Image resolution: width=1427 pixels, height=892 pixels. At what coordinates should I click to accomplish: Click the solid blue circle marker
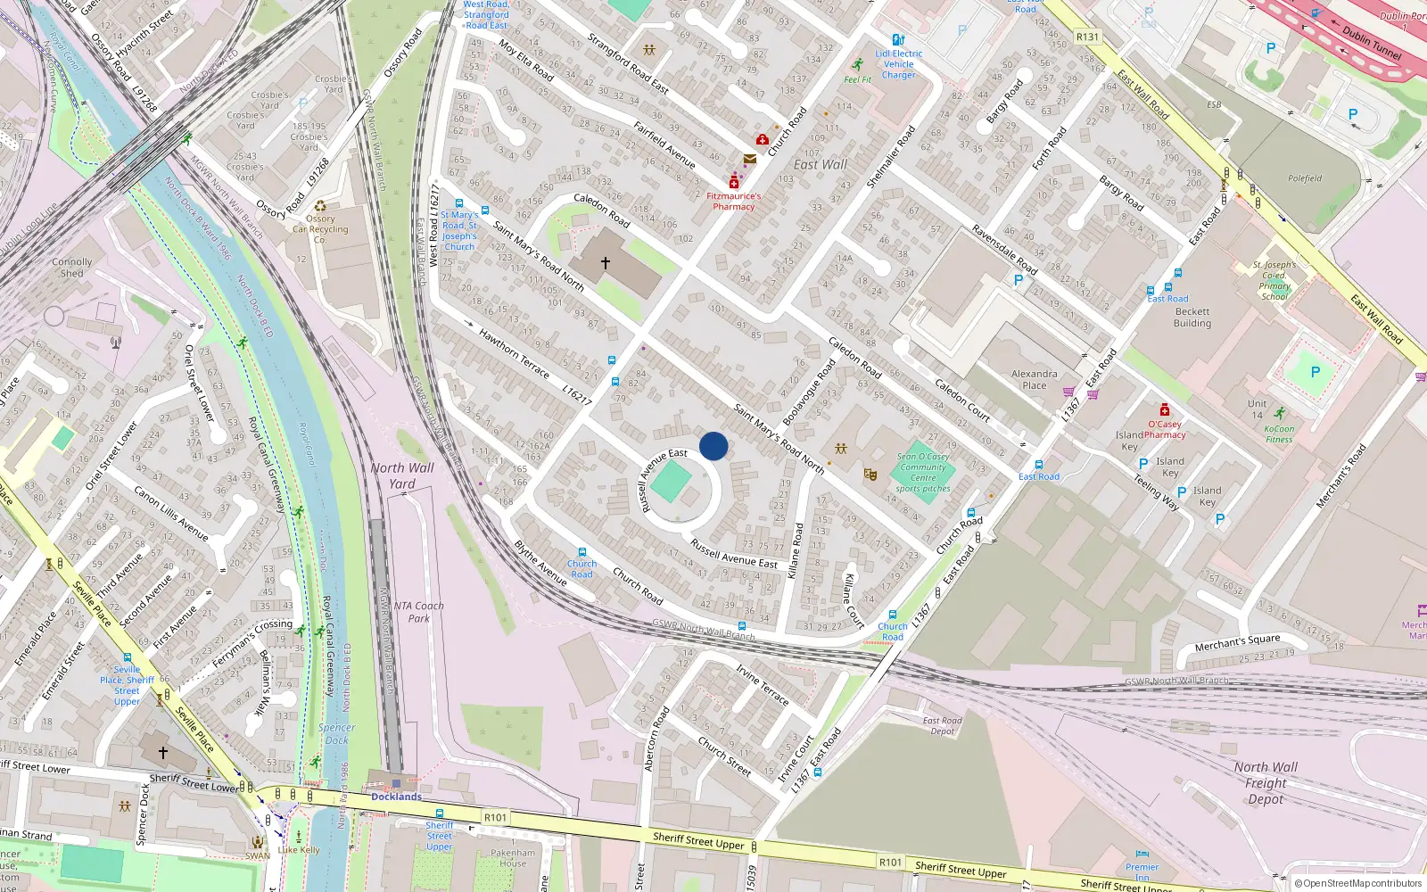click(713, 446)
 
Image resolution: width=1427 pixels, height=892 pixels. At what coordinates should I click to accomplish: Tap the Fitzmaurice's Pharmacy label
click(733, 202)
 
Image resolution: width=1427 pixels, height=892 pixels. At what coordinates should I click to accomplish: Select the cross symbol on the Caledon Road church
click(606, 263)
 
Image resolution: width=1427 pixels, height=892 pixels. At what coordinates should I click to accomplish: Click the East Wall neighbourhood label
click(821, 165)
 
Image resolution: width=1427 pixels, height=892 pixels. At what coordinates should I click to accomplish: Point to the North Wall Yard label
click(402, 475)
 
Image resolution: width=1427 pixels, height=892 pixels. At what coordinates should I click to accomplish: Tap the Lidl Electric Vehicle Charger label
click(899, 64)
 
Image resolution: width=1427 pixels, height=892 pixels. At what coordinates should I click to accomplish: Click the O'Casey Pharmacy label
click(1165, 429)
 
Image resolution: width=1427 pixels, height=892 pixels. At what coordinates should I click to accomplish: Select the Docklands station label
click(396, 797)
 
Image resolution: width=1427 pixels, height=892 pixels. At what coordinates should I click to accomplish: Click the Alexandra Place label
click(1035, 380)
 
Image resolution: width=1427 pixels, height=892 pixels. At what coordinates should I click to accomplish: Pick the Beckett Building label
click(1192, 318)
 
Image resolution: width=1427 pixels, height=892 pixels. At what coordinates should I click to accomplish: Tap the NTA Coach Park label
click(419, 612)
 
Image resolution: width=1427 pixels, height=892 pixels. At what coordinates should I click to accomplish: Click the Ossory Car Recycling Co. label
click(320, 229)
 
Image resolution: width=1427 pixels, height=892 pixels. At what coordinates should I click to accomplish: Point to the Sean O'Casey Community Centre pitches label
click(923, 472)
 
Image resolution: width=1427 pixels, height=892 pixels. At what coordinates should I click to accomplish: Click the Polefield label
click(1305, 178)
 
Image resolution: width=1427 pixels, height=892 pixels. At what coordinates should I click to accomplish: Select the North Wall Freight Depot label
click(1266, 783)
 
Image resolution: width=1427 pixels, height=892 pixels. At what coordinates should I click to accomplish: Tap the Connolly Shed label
click(71, 268)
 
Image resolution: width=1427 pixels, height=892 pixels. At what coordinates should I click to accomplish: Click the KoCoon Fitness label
click(1279, 434)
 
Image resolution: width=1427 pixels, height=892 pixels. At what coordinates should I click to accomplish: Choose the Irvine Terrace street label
click(763, 685)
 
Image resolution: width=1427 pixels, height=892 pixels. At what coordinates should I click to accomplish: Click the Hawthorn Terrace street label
click(514, 353)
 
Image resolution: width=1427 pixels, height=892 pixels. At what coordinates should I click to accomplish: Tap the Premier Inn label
click(1142, 871)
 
